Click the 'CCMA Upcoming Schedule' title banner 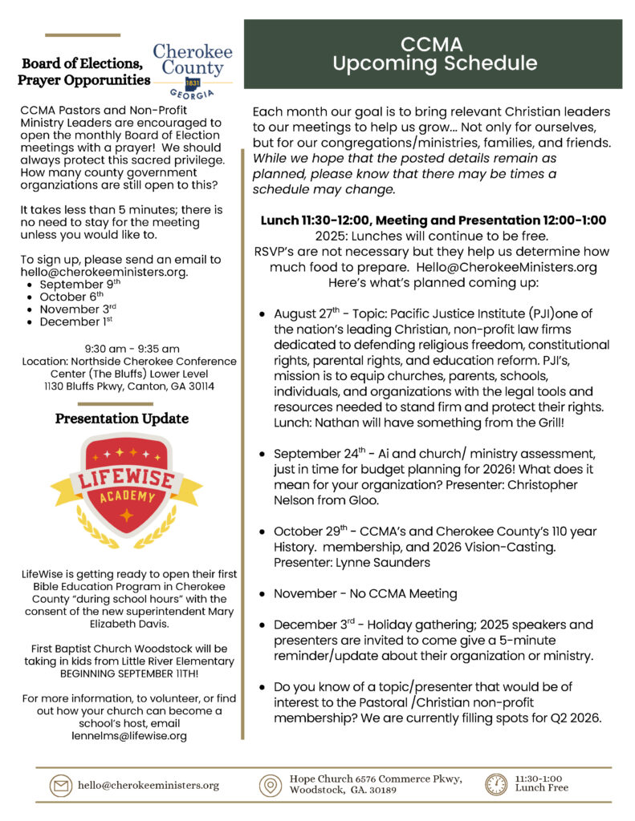[x=434, y=54]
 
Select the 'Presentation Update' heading [x=122, y=419]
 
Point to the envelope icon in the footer [x=60, y=785]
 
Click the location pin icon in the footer [x=270, y=785]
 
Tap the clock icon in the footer [x=496, y=783]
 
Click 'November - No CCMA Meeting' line [x=365, y=594]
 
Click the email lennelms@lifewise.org [x=129, y=735]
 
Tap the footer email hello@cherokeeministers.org [x=148, y=785]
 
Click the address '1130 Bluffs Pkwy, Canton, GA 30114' [x=129, y=386]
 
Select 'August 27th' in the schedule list [x=307, y=314]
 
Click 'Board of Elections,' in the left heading [x=83, y=64]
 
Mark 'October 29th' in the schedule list [x=309, y=532]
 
